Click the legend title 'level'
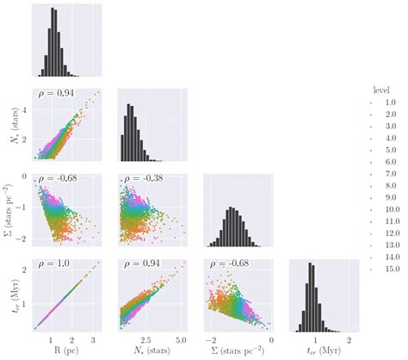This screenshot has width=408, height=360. click(382, 90)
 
